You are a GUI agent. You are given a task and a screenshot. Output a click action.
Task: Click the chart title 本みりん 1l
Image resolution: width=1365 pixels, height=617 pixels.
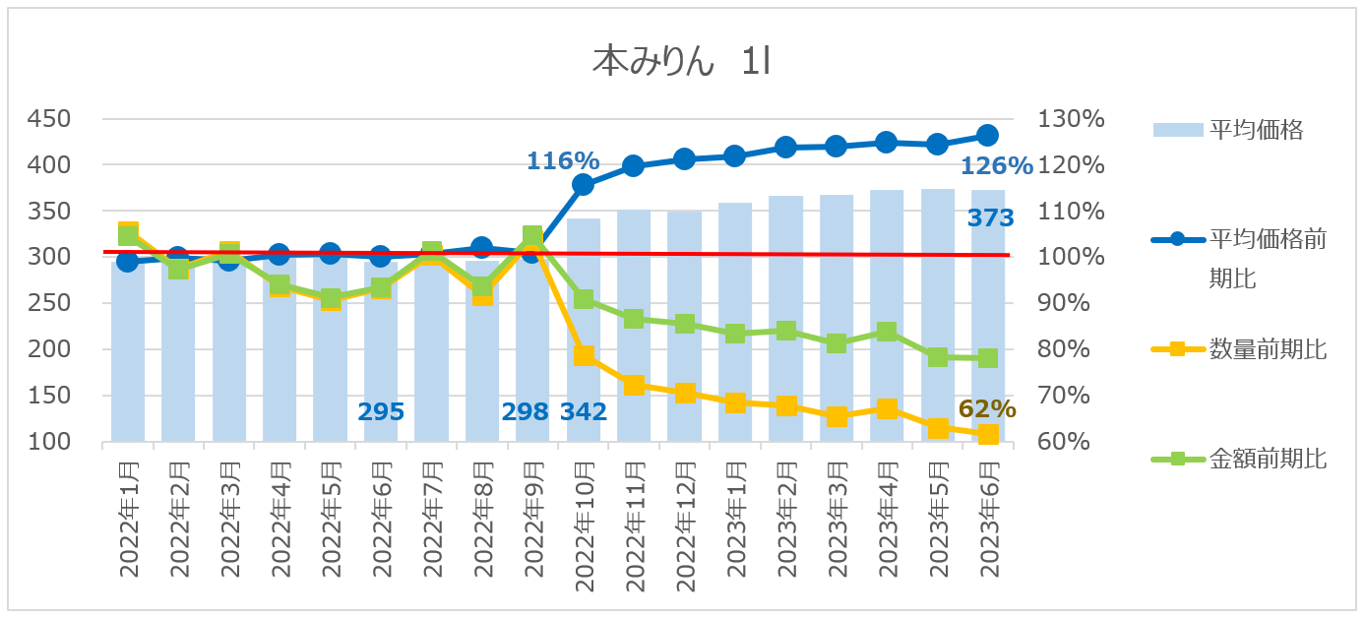(681, 62)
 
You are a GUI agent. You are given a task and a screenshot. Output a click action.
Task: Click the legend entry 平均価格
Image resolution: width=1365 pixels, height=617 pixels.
(1255, 129)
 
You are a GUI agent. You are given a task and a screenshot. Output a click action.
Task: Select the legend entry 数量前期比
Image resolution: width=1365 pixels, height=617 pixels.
(1268, 348)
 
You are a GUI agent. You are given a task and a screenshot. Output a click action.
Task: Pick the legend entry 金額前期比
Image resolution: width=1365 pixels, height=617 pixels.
(1268, 458)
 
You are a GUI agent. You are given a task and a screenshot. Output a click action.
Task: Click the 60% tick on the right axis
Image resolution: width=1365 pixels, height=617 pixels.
(1067, 442)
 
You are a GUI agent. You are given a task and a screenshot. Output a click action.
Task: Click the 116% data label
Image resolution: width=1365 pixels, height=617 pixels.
(563, 160)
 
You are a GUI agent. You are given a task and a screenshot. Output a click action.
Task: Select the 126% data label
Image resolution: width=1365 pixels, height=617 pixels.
(996, 165)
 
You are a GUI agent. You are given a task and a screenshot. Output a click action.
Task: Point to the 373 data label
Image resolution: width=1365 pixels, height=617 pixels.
(989, 218)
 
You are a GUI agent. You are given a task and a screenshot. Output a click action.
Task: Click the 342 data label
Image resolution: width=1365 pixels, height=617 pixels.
(584, 411)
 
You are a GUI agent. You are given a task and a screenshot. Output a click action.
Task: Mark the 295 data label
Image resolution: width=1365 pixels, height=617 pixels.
(381, 411)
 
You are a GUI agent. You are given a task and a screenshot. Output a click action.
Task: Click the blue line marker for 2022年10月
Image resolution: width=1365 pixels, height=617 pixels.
(583, 184)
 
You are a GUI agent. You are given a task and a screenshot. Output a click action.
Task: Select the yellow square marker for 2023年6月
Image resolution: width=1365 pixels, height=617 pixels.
(988, 434)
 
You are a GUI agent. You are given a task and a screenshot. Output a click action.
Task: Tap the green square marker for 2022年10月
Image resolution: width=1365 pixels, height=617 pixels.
(583, 299)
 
